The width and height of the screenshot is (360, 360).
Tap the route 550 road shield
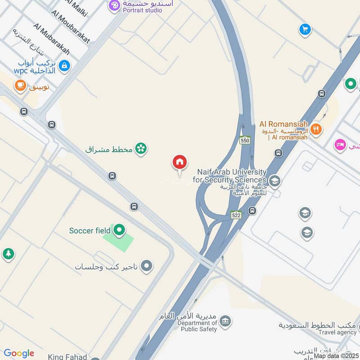(x=245, y=140)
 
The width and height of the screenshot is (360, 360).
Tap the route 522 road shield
(x=236, y=216)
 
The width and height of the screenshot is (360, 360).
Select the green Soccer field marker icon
(x=119, y=230)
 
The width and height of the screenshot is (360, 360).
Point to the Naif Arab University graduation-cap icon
(x=275, y=181)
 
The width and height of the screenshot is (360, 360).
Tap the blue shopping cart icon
(x=305, y=30)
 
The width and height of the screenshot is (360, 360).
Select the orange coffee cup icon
(x=20, y=85)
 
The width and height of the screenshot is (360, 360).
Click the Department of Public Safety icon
(x=226, y=321)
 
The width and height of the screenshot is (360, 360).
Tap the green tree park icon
(x=8, y=254)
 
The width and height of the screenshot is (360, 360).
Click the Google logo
(x=18, y=353)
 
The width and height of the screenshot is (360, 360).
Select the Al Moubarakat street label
(x=71, y=27)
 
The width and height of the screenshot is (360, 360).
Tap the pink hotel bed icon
(x=340, y=145)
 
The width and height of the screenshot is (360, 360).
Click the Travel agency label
(x=337, y=333)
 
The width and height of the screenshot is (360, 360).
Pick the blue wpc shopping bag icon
(x=65, y=66)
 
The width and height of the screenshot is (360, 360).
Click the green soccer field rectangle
(x=119, y=240)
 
